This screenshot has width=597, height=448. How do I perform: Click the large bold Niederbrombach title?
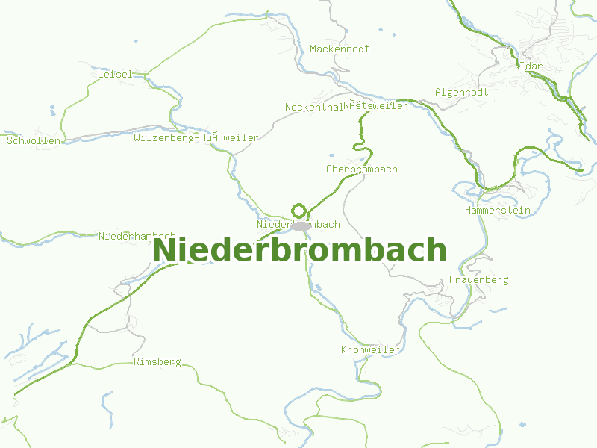pos(299,250)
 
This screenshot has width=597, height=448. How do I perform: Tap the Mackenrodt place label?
pos(340,49)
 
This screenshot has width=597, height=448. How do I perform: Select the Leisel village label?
pos(115,74)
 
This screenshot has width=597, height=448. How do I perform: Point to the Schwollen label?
pos(34,140)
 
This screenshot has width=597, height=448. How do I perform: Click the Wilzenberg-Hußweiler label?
pos(196,137)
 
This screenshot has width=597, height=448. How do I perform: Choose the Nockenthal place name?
pos(313,107)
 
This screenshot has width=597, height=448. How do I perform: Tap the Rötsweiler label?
pos(376,106)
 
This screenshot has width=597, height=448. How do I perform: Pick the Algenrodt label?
pos(461,92)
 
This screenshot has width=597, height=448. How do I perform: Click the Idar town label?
pos(531,66)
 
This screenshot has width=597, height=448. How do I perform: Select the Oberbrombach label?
pos(362,169)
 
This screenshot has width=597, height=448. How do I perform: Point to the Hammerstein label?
pos(497,210)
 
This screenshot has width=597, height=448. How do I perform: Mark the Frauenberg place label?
pos(478,279)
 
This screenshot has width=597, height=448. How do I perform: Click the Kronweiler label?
pos(371,349)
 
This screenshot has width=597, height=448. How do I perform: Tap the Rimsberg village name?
pos(157,361)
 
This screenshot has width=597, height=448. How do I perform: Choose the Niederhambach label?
pos(137,236)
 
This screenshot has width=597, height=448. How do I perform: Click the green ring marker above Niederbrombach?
pos(299,211)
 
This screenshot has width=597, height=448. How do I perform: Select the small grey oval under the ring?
pos(301,225)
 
